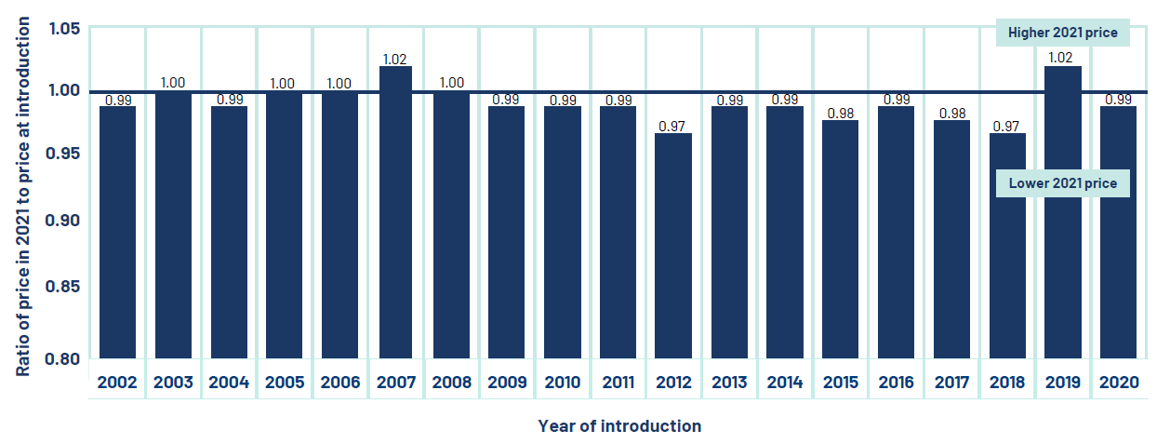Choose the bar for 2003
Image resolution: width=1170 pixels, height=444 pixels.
[x=173, y=224]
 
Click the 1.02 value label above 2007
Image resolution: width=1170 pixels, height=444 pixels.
[x=395, y=59]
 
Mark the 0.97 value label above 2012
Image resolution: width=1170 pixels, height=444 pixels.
[x=673, y=126]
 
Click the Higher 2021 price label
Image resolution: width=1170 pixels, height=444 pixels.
[x=1062, y=33]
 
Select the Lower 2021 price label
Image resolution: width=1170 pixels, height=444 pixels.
[x=1062, y=183]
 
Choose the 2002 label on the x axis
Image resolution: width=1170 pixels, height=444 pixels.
[x=117, y=383]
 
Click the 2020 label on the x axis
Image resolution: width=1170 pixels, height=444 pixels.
[x=1119, y=383]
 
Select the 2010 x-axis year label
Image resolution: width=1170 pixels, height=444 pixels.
[x=563, y=383]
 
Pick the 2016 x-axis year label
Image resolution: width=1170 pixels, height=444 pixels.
[x=897, y=383]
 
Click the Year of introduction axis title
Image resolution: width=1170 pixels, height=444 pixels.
[x=619, y=426]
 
